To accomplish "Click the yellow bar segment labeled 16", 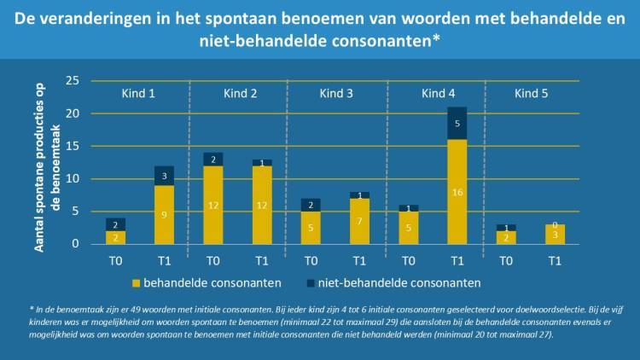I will pos(457,192).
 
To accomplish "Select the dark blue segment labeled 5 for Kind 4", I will pos(457,123).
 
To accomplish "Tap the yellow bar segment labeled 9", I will pos(164,215).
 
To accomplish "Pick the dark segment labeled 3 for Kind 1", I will pos(164,176).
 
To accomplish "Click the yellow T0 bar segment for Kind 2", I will pos(213,205).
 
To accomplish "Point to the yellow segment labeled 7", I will pos(359,221).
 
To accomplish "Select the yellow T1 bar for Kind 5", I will pos(555,235).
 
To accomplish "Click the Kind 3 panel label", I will pos(336,93).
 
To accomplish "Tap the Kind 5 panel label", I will pos(532,93).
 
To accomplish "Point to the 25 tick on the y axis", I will pos(73,81).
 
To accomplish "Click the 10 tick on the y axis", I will pos(73,179).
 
